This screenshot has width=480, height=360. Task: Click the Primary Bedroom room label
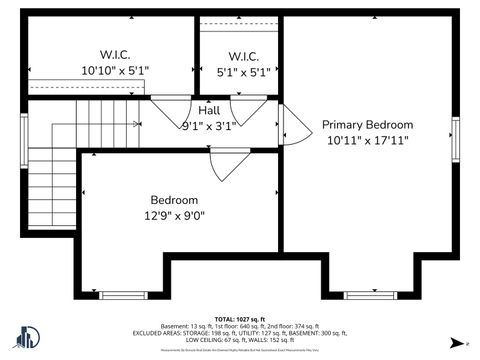pyautogui.click(x=367, y=125)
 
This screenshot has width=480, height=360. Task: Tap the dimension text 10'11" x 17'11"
pyautogui.click(x=367, y=141)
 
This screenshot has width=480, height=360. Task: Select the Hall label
pyautogui.click(x=209, y=110)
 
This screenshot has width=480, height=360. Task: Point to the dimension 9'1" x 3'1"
pyautogui.click(x=209, y=126)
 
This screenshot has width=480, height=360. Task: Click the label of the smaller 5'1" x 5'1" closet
pyautogui.click(x=243, y=56)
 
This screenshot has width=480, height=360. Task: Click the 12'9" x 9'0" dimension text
pyautogui.click(x=174, y=215)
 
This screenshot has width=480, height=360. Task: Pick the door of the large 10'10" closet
pyautogui.click(x=166, y=109)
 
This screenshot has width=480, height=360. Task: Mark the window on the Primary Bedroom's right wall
pyautogui.click(x=455, y=139)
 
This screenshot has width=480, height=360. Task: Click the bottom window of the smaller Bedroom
pyautogui.click(x=124, y=294)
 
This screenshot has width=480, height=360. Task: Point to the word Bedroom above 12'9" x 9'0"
pyautogui.click(x=174, y=200)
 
